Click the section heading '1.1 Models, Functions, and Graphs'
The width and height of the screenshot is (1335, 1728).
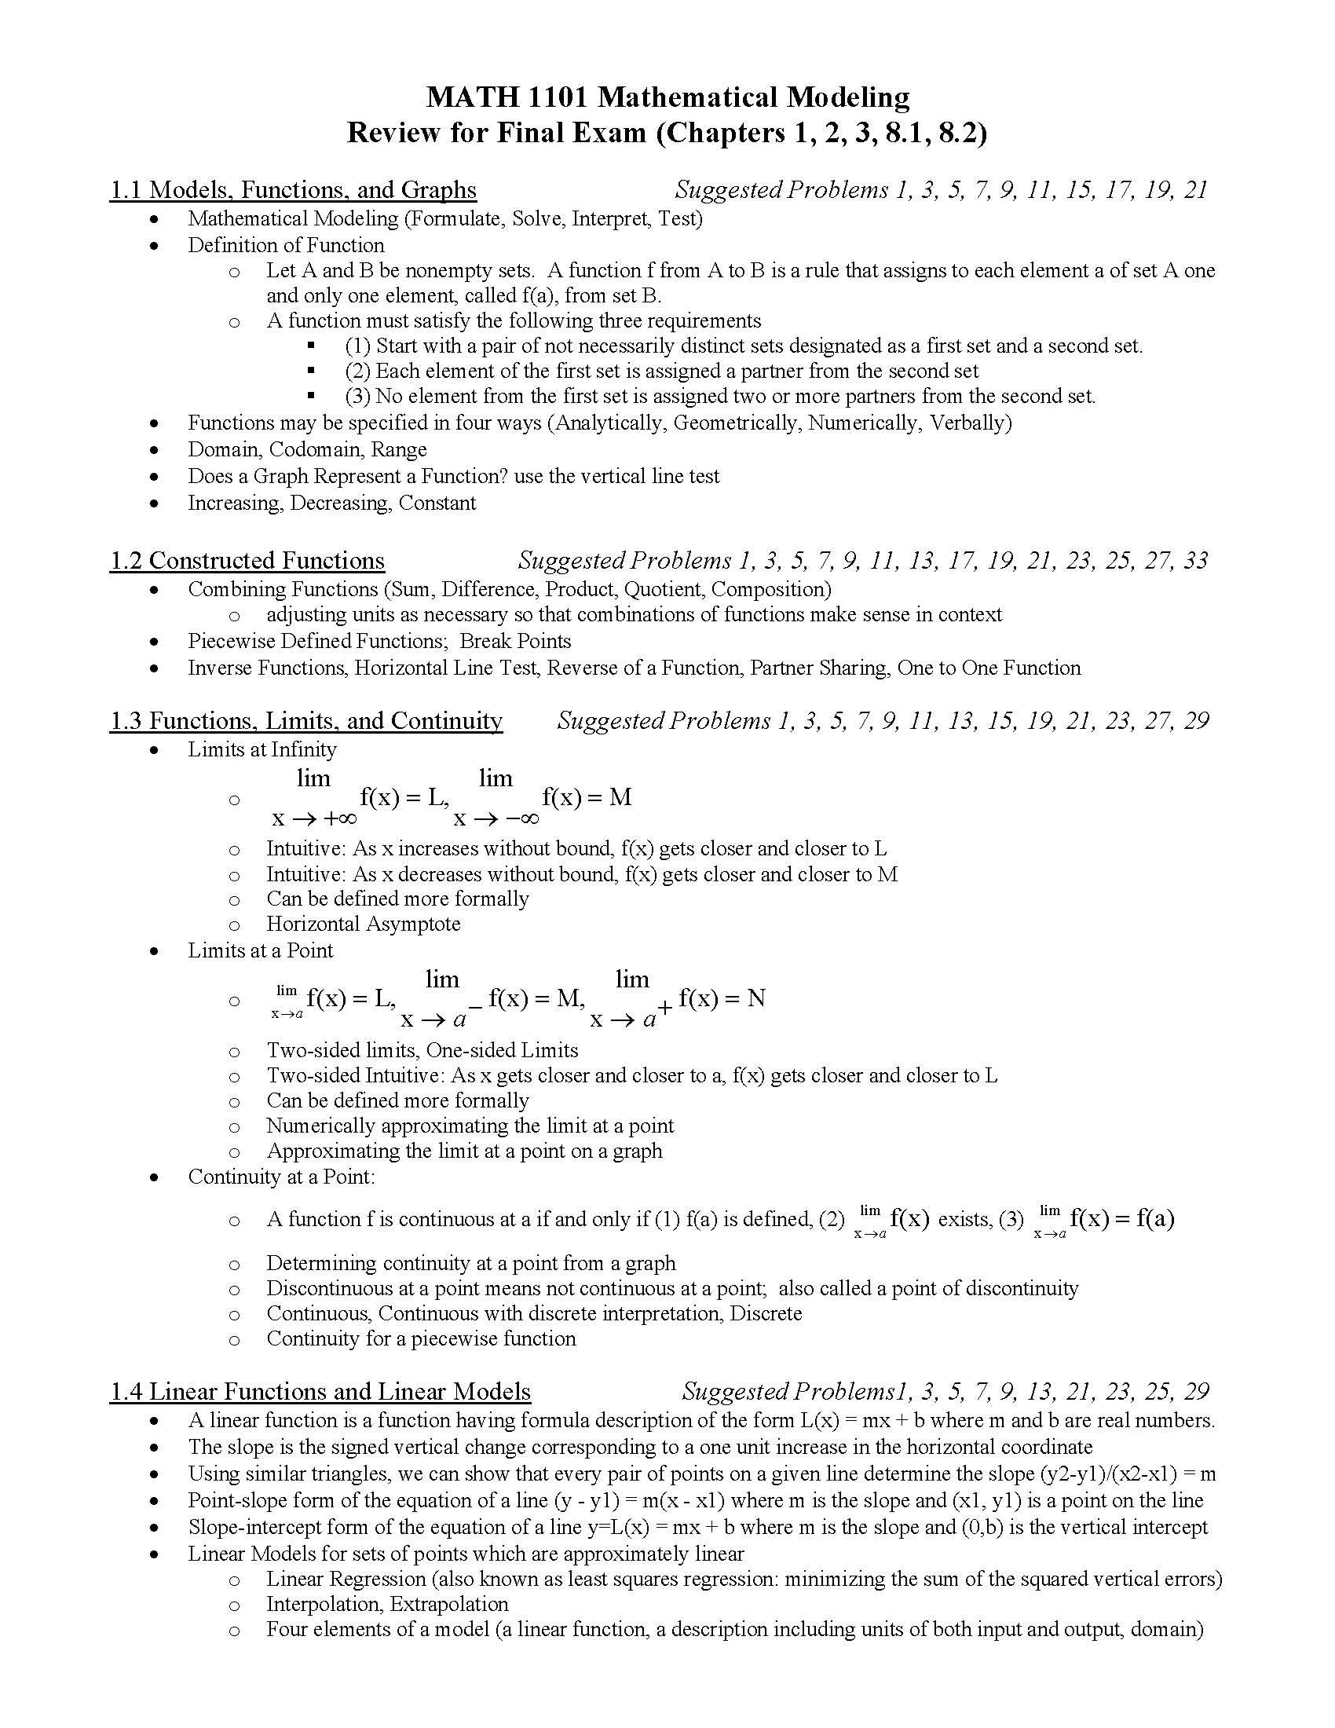tap(293, 190)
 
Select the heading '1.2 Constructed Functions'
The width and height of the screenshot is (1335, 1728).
tap(247, 560)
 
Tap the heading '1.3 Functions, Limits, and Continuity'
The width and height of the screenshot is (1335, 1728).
tap(305, 721)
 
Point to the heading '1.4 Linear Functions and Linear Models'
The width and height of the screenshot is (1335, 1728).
tap(320, 1391)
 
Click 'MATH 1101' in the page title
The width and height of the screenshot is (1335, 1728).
tap(509, 97)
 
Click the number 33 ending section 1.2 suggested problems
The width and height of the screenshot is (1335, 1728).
tap(1195, 560)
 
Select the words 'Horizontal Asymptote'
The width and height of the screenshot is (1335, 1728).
tap(363, 924)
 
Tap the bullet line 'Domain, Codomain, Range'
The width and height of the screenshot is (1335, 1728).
tap(307, 449)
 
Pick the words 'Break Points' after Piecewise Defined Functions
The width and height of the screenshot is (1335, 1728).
tap(515, 641)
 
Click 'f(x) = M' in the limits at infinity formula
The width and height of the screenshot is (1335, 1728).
tap(586, 796)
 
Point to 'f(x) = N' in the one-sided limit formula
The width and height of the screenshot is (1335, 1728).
tap(721, 998)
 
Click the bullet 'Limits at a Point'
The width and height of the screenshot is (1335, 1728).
tap(260, 950)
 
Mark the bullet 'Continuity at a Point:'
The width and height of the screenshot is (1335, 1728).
tap(281, 1177)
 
